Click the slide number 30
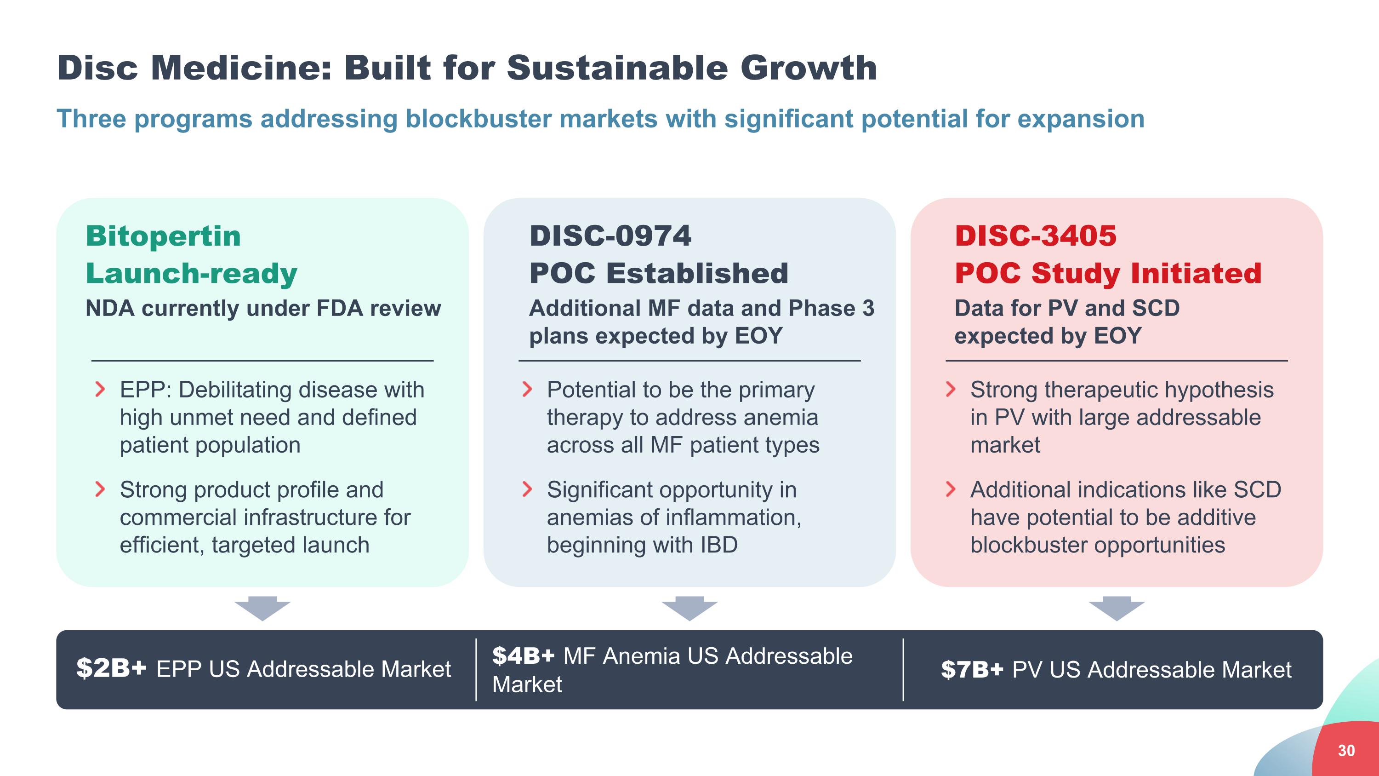[x=1346, y=750]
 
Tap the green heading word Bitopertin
[x=163, y=236]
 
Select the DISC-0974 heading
[x=610, y=236]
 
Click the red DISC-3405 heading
[x=1036, y=236]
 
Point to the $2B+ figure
[x=111, y=668]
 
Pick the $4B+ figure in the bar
[x=524, y=655]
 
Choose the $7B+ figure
[x=972, y=669]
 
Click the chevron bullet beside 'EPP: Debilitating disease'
[x=100, y=389]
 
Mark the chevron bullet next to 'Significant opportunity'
[x=527, y=489]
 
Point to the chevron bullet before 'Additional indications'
[x=951, y=489]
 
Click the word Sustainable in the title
[x=618, y=68]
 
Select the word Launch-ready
[x=191, y=274]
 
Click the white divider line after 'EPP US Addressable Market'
[x=476, y=669]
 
